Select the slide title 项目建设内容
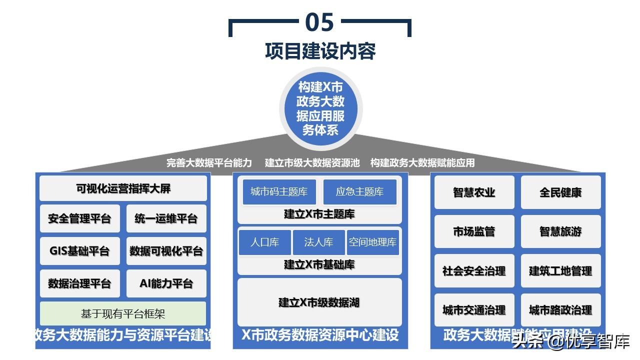[x=320, y=51]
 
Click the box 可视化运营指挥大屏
[x=123, y=188]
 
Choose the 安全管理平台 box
[x=79, y=218]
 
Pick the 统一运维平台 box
[x=166, y=218]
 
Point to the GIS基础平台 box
[x=79, y=251]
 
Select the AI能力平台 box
[x=166, y=283]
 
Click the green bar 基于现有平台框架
[x=123, y=313]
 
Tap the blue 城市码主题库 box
[x=279, y=192]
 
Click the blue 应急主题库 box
[x=359, y=192]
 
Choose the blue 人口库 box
[x=264, y=242]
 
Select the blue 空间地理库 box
[x=372, y=242]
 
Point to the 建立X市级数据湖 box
[x=319, y=302]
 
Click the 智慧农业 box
[x=474, y=192]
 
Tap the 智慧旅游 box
[x=560, y=231]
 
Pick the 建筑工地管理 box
[x=560, y=271]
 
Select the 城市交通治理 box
[x=474, y=310]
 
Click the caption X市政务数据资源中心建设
[x=320, y=335]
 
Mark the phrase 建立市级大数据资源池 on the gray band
[x=312, y=162]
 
